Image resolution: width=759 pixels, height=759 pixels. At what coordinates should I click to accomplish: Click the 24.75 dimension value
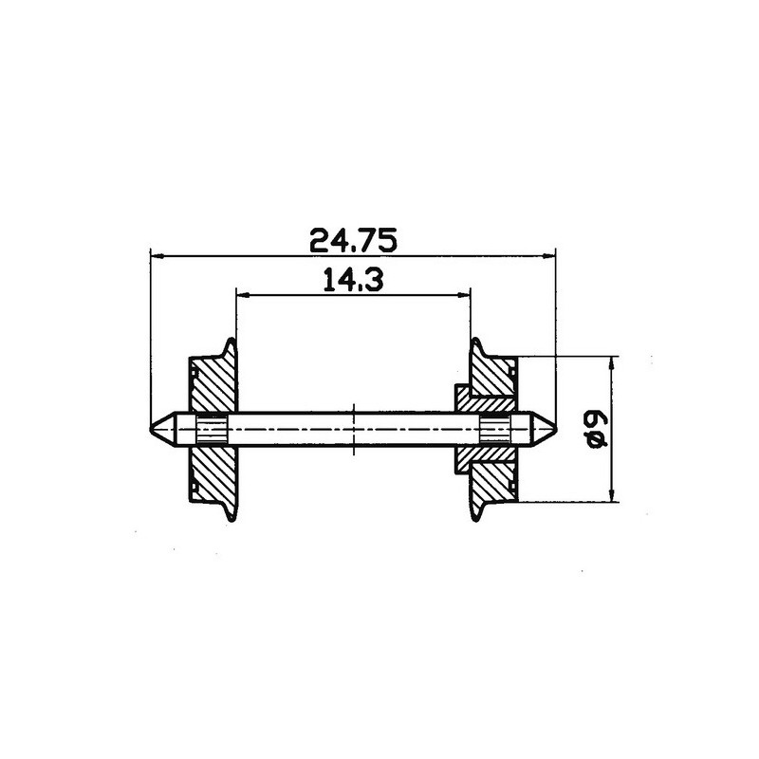353,241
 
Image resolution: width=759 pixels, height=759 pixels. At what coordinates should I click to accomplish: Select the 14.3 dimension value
353,280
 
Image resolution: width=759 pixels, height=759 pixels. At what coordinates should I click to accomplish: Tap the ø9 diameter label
595,430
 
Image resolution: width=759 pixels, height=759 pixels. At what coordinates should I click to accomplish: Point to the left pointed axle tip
150,429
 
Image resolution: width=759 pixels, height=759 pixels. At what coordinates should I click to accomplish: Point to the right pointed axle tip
555,429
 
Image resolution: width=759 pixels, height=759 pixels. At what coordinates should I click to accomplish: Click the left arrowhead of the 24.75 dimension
157,255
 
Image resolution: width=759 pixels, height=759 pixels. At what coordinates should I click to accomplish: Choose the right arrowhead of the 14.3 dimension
463,294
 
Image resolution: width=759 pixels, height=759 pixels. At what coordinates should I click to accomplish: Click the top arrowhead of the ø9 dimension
612,364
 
